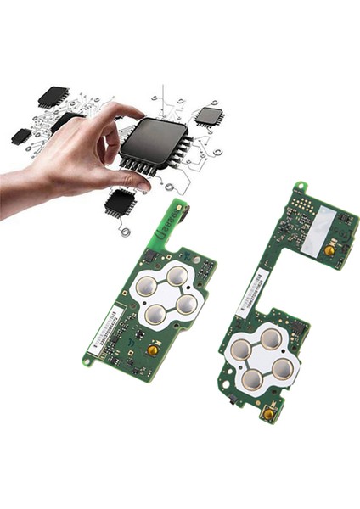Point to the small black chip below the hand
coord(120,203)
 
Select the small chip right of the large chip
coord(207,116)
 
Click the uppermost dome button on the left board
coord(176,276)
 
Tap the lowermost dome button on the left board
coord(155,315)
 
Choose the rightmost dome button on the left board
coord(186,303)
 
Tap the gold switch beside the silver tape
coord(328,250)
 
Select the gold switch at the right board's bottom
coord(268,414)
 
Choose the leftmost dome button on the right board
coord(241,349)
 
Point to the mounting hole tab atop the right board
coord(299,187)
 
